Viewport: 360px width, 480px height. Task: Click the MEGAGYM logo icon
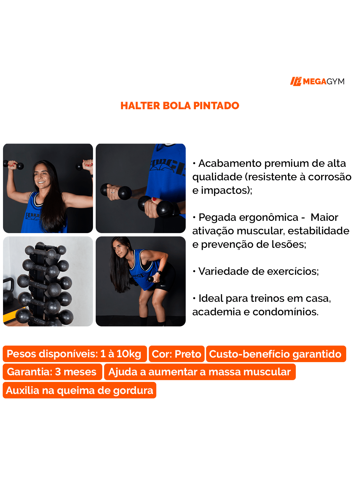(296, 81)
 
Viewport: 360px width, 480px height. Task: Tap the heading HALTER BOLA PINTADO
(180, 106)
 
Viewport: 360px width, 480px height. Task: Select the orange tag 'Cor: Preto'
(176, 354)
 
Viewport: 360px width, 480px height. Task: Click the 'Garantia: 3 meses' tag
(52, 372)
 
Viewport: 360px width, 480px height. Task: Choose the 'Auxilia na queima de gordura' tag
(79, 390)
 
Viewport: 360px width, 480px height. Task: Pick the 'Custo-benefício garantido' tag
(276, 354)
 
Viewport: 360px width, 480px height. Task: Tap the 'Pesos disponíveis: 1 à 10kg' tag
(74, 354)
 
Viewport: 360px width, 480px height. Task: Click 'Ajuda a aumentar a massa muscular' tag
(200, 372)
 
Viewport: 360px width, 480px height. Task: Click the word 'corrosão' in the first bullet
(330, 177)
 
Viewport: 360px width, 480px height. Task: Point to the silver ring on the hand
(113, 192)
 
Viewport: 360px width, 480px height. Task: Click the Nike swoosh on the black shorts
(163, 286)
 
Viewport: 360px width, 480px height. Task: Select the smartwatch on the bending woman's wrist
(159, 273)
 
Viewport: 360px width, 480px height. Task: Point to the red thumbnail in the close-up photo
(154, 199)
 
